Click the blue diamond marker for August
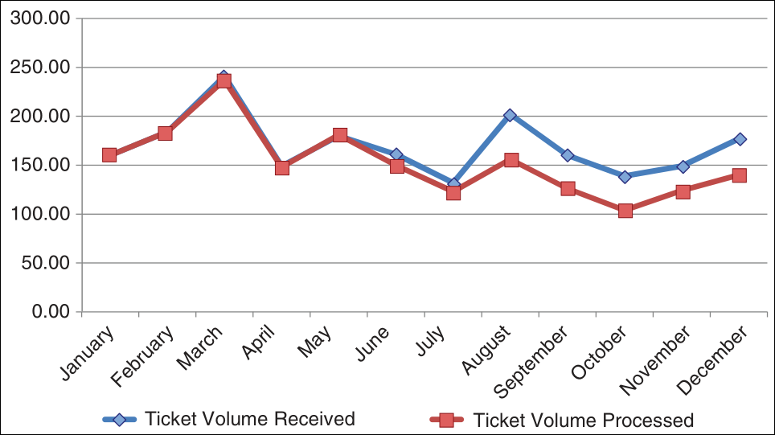point(510,116)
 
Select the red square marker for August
point(511,160)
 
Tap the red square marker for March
point(223,81)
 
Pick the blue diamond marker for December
point(740,139)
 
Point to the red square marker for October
point(625,211)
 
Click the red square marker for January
point(109,155)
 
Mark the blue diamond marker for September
point(568,154)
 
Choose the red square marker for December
point(740,175)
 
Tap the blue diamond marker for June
point(396,154)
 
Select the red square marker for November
point(683,191)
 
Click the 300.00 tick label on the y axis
point(38,18)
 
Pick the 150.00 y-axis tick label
point(38,166)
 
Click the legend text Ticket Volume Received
point(249,418)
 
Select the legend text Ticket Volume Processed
point(583,420)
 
